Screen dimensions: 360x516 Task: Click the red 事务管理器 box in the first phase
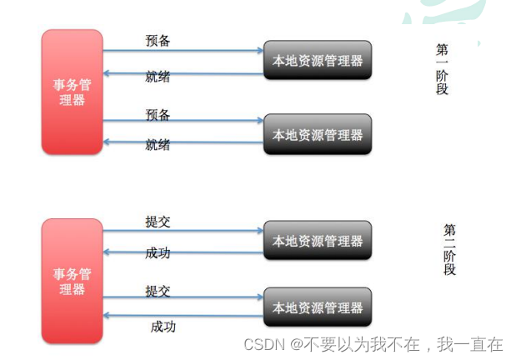point(72,92)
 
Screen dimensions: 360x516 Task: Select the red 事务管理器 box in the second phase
point(72,281)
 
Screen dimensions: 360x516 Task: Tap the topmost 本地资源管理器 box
point(318,60)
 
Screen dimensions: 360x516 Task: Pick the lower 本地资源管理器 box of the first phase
point(318,134)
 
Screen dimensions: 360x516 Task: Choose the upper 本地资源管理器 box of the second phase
point(318,241)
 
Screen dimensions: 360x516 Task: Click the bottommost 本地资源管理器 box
point(318,307)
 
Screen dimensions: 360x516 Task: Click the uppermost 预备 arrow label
point(158,41)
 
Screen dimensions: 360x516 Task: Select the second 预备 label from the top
point(158,113)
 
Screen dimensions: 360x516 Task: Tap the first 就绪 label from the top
point(158,77)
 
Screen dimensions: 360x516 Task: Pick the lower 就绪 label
point(158,145)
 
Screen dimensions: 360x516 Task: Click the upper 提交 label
point(158,222)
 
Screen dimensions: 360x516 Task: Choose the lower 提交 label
point(158,291)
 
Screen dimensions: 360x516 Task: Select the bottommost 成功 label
point(163,326)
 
